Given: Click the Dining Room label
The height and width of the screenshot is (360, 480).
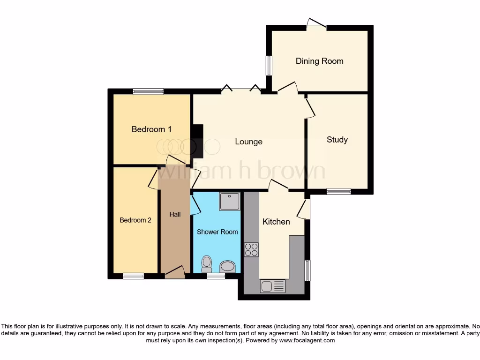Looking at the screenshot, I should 319,61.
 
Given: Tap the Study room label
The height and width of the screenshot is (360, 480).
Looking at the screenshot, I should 337,140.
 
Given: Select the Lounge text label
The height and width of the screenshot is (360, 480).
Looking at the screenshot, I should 248,142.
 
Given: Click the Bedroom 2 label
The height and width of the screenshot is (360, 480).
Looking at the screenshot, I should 135,220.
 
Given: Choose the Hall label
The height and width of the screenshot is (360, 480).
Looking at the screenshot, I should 175,214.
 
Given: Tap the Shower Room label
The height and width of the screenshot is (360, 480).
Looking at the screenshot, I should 217,232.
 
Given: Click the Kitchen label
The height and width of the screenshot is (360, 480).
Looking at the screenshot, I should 276,222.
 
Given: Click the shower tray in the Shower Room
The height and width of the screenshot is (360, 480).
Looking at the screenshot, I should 229,201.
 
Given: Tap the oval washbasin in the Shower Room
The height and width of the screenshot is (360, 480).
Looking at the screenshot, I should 228,267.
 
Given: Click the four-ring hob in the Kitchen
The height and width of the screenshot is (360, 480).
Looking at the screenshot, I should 251,249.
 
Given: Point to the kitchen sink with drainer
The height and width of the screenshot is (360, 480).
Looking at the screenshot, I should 272,285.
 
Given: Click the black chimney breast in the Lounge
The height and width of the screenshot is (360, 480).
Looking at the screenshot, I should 197,141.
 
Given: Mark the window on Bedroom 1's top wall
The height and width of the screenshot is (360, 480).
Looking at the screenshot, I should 148,91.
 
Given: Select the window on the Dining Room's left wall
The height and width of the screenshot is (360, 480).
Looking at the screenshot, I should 269,66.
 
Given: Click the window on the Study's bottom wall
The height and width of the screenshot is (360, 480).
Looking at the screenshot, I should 338,191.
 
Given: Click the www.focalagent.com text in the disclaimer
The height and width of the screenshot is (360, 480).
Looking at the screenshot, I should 307,340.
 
